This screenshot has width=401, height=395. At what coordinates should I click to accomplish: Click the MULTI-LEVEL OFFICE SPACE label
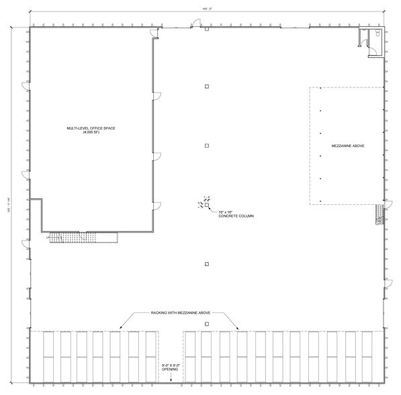[91, 128]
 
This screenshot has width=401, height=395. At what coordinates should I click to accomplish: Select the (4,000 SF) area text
[91, 132]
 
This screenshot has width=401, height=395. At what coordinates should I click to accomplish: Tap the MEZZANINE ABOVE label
[349, 145]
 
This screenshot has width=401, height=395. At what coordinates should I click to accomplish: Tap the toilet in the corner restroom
[377, 33]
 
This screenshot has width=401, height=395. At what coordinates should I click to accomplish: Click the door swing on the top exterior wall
[194, 24]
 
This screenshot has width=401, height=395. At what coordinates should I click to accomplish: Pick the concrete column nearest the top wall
[207, 30]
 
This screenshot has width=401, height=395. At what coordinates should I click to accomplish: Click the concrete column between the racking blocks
[207, 324]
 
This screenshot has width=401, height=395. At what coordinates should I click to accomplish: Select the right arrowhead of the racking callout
[238, 327]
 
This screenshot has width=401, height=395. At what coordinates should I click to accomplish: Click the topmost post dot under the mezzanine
[320, 88]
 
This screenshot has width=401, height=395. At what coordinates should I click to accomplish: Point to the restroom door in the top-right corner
[364, 42]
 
